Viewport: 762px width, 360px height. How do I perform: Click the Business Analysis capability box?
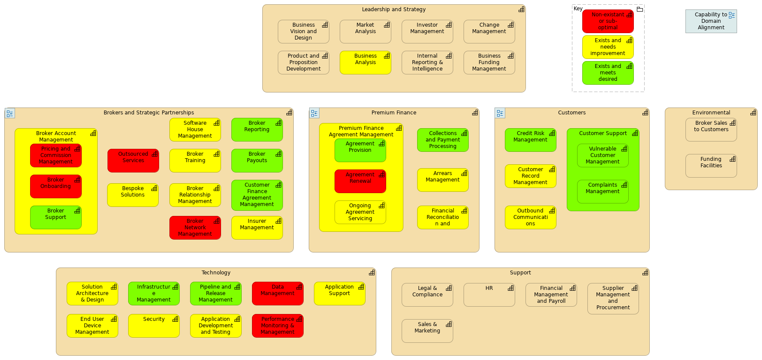(365, 63)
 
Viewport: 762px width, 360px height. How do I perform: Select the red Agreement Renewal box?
(360, 181)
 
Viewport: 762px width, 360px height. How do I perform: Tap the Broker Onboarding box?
(55, 186)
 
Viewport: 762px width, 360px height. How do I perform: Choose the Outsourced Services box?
(133, 160)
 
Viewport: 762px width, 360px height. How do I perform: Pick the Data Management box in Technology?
(277, 293)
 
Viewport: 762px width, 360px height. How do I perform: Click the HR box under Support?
(489, 295)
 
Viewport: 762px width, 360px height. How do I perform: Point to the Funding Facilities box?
(711, 166)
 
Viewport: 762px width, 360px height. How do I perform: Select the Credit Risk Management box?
(530, 140)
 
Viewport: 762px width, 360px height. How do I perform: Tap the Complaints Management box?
(602, 191)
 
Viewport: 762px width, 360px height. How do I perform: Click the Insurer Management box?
(257, 228)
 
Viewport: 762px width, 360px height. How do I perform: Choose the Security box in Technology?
(154, 326)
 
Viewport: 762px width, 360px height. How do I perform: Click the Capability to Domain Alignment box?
(711, 21)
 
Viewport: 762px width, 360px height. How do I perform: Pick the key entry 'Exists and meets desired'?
(608, 73)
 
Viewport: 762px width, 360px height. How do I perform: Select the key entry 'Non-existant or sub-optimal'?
(608, 21)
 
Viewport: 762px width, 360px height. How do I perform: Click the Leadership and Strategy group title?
(393, 9)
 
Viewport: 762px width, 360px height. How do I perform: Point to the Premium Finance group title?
(393, 113)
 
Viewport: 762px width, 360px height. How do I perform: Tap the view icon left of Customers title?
(500, 113)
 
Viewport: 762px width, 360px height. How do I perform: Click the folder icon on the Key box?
(639, 9)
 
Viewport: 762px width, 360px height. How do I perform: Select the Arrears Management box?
(442, 180)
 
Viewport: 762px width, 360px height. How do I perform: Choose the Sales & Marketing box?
(427, 331)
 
